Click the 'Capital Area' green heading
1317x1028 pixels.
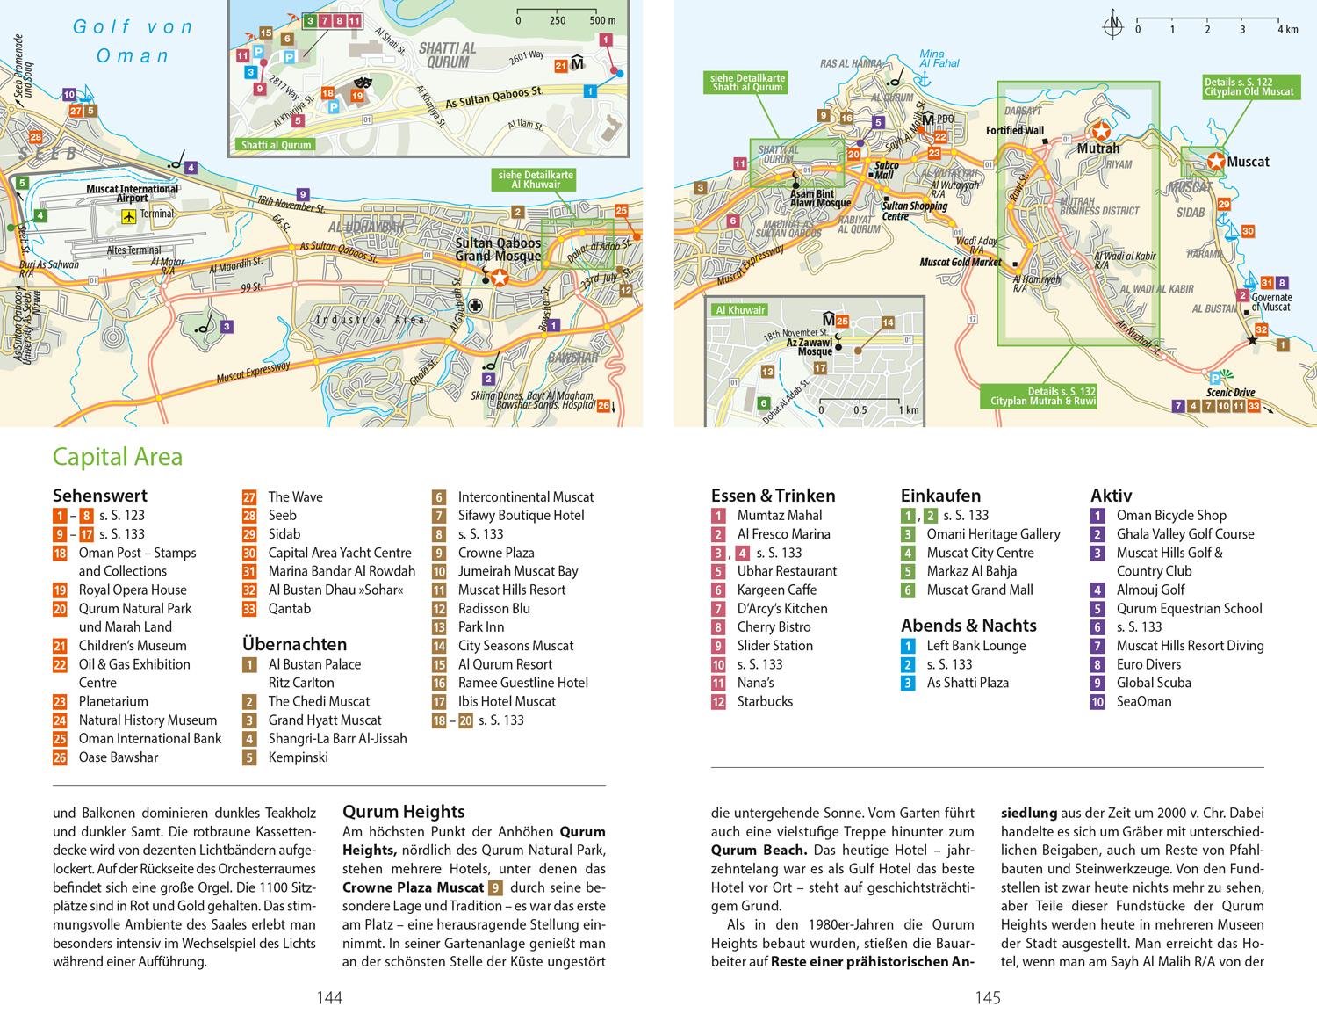(118, 457)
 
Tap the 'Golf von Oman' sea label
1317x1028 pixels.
(133, 41)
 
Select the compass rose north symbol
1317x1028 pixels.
(1112, 27)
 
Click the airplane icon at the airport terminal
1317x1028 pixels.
(130, 214)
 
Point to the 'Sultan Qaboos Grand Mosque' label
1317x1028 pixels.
(498, 250)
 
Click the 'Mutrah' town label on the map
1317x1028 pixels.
(1098, 148)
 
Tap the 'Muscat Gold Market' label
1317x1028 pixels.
(960, 262)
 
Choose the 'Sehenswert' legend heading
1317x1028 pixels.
(100, 496)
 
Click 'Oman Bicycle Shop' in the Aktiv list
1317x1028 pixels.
(1171, 516)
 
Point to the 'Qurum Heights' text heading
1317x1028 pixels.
(403, 812)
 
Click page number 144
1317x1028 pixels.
(329, 998)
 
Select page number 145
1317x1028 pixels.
(988, 998)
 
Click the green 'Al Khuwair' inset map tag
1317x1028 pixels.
(741, 310)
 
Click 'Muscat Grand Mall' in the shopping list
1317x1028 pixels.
(980, 590)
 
